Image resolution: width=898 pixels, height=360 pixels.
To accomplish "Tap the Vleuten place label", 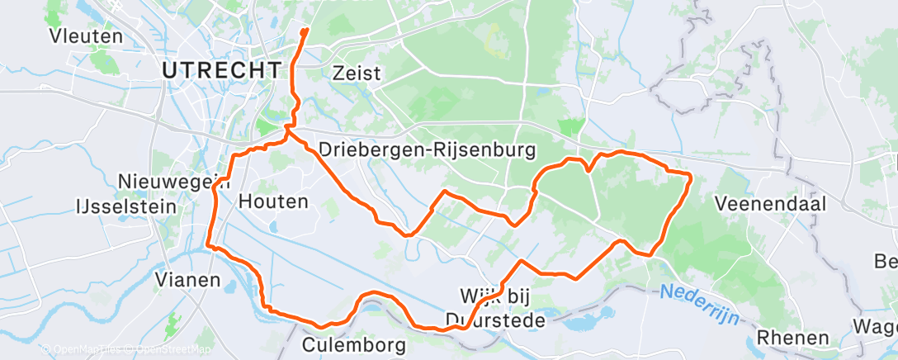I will coord(86,36).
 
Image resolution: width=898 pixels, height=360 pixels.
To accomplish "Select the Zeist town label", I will coord(357,73).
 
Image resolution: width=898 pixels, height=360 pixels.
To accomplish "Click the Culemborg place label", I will coord(355,343).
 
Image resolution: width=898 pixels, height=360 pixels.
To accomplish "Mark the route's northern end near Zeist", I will coord(305,31).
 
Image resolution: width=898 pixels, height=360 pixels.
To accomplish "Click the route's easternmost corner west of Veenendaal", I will coord(689,173).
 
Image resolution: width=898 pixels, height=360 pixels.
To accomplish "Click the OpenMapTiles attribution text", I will coord(85,350).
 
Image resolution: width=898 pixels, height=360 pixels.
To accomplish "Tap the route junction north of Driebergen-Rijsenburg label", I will coord(287,130).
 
